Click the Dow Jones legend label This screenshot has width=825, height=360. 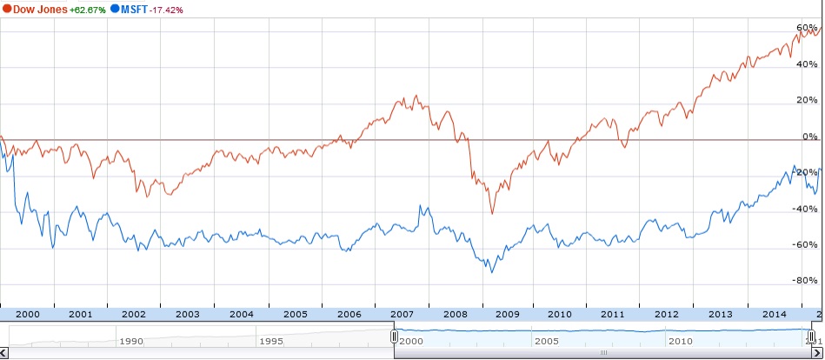point(42,10)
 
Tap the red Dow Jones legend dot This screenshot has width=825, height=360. point(6,10)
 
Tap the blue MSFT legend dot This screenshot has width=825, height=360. point(115,10)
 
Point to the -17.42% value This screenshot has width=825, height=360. point(170,10)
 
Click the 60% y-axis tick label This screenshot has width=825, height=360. point(808,28)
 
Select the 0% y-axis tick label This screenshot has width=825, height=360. point(810,137)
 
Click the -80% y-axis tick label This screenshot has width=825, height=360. point(807,281)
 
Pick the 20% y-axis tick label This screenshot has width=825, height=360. point(808,100)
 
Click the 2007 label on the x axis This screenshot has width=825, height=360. point(402,314)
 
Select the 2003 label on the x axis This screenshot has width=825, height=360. point(187,314)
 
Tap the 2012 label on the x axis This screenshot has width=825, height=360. point(668,314)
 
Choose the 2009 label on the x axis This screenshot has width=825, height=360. point(509,314)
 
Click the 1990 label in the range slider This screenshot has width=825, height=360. point(130,342)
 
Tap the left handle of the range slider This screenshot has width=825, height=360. point(394,337)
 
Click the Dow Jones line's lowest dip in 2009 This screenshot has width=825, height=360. point(492,213)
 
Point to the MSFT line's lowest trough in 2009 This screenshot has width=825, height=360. point(492,272)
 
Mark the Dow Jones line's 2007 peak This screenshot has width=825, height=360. point(416,95)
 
